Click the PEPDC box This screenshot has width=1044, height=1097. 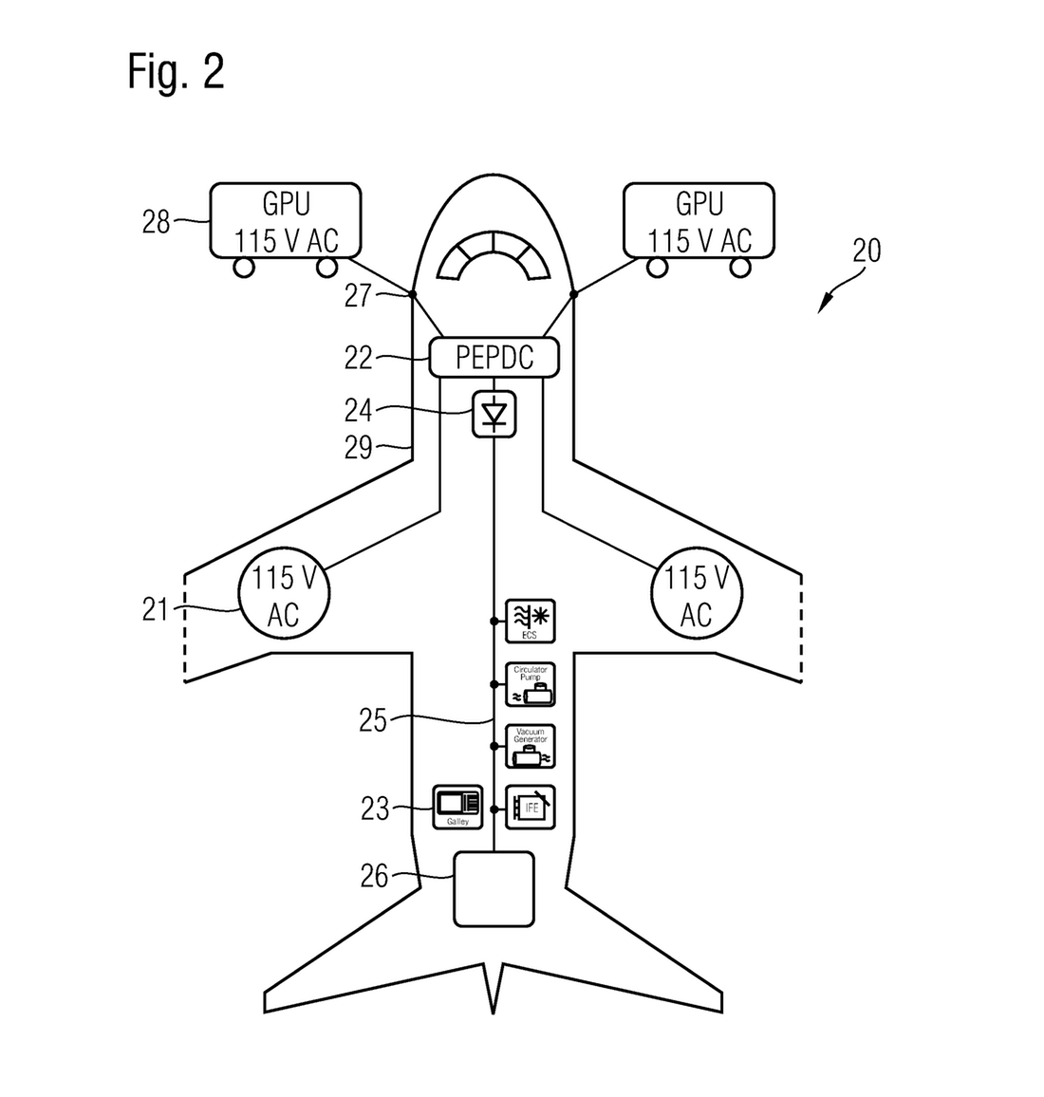coord(494,358)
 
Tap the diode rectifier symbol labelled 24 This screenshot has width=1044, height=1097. coord(494,415)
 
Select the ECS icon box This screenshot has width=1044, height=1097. coord(530,622)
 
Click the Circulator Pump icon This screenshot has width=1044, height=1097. coord(530,684)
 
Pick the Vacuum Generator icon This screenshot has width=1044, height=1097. coord(530,746)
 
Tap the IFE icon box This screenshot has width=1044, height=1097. coord(530,808)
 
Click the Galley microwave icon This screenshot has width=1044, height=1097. coord(457,807)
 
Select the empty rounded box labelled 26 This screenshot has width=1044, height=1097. coord(494,888)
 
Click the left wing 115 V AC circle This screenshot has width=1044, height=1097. coord(284,594)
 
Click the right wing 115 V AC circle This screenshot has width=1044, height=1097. coord(697,594)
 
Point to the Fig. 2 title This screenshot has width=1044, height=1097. coord(177,72)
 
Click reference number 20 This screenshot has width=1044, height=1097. coord(866,251)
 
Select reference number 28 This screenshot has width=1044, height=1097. coord(157,222)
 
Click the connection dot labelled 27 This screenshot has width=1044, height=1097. coord(413,294)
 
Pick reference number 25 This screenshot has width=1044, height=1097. coord(373,720)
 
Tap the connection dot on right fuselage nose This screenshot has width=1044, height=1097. coord(574,294)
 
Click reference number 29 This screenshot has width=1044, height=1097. coord(358,447)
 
